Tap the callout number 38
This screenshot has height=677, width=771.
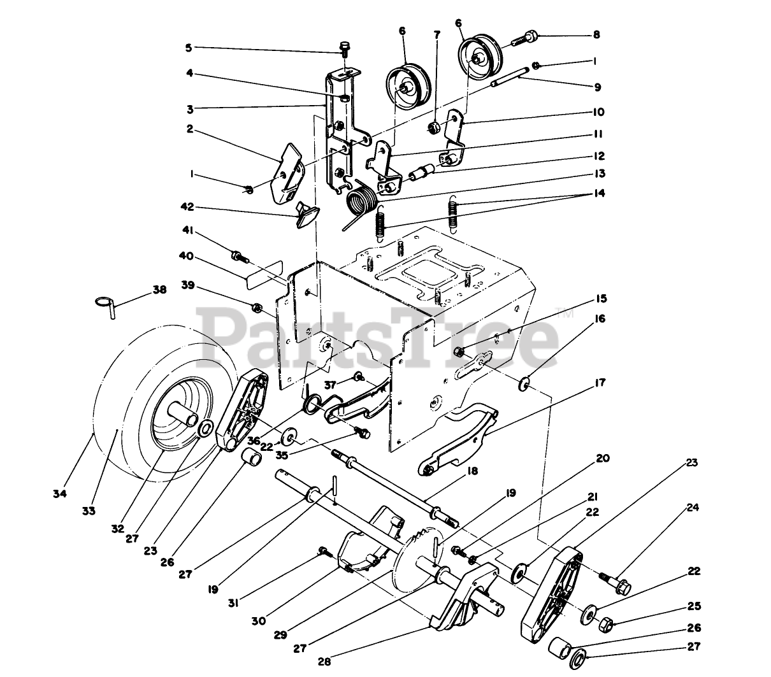click(x=159, y=290)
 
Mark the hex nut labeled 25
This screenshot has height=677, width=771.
click(x=607, y=622)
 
